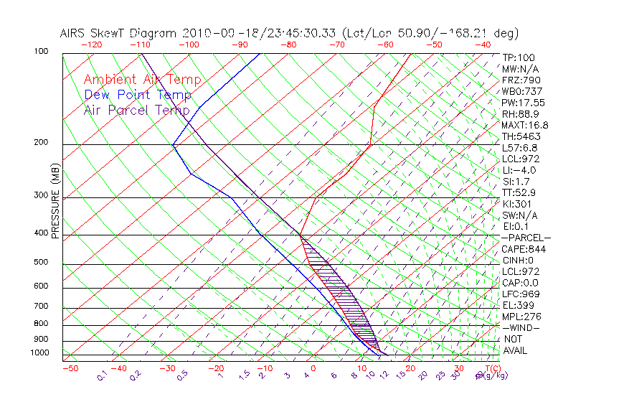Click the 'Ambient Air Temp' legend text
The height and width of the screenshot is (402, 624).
click(x=143, y=80)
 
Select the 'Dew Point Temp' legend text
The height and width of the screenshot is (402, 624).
click(x=138, y=95)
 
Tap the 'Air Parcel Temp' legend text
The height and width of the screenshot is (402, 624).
click(x=137, y=110)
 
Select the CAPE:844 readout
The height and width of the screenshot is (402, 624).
click(x=524, y=249)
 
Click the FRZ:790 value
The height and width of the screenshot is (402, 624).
click(x=521, y=80)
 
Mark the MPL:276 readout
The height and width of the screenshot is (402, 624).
click(x=521, y=317)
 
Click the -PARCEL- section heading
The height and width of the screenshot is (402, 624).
click(x=526, y=238)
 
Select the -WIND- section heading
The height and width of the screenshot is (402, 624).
click(x=521, y=327)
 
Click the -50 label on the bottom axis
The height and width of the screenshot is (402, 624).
click(x=70, y=368)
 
